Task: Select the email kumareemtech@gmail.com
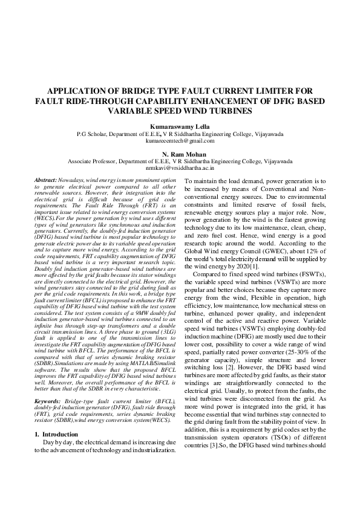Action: [180, 141]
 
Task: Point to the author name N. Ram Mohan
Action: [180, 154]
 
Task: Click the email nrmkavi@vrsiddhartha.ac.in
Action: [180, 170]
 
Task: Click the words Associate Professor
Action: [93, 162]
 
